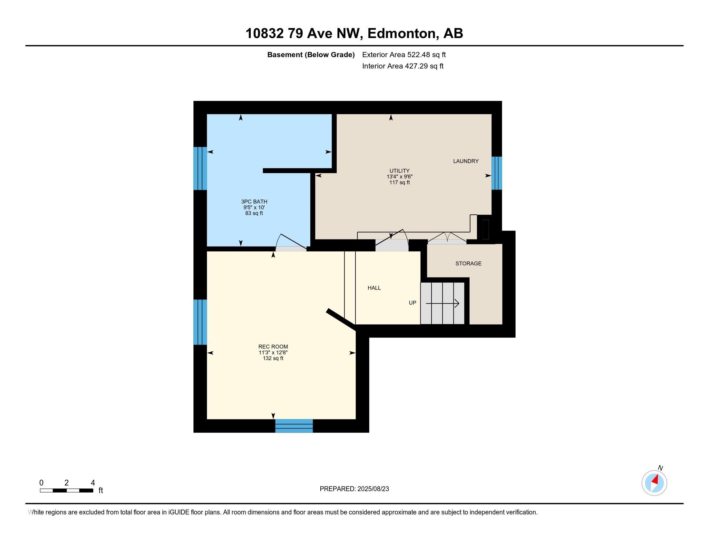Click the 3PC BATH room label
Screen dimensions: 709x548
(x=254, y=201)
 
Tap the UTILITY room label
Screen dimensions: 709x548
(x=399, y=171)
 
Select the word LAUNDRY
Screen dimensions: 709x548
(x=466, y=161)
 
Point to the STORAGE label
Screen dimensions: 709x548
(x=468, y=263)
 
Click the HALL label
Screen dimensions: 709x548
(x=374, y=288)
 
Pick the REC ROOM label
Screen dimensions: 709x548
(x=273, y=347)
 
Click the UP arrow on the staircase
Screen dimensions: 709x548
(x=442, y=304)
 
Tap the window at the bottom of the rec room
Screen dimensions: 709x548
(x=294, y=426)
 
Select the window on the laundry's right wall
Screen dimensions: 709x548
(x=497, y=173)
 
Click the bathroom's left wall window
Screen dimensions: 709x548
(x=200, y=169)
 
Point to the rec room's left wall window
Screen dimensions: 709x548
(x=200, y=322)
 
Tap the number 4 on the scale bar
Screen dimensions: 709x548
(x=93, y=483)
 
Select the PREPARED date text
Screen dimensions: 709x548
(x=354, y=489)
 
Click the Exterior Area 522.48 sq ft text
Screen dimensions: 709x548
(x=404, y=55)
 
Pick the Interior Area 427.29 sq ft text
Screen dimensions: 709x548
(x=403, y=66)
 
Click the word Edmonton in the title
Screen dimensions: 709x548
(x=401, y=34)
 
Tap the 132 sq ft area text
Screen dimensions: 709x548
(x=273, y=358)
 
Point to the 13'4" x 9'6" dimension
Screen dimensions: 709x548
(x=399, y=177)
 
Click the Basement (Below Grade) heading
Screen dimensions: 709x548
(x=311, y=55)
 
